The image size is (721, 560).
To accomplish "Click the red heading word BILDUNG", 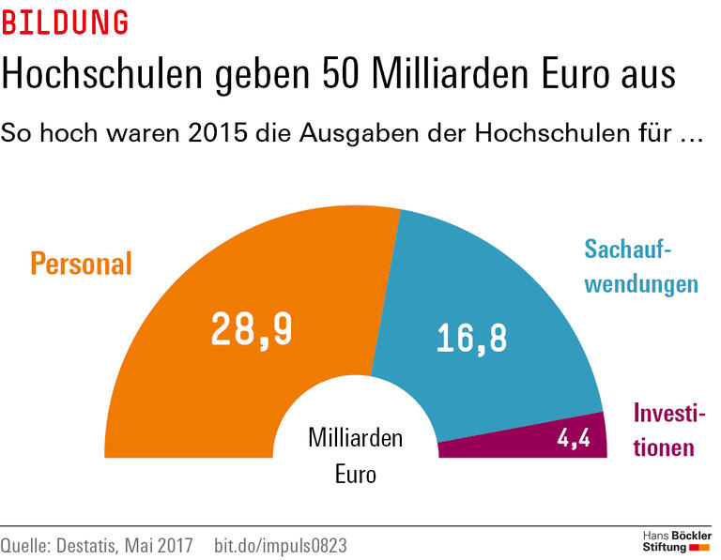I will coord(65,23).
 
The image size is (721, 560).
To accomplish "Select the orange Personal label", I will coord(81,264).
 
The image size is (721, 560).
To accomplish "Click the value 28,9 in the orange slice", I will coord(252,328).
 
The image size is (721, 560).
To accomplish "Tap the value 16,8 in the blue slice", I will coord(471,339).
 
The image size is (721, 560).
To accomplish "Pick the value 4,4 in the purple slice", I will coord(573,438).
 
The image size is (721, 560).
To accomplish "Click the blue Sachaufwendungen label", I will coord(641,266).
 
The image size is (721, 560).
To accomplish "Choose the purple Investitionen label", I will coord(668,430).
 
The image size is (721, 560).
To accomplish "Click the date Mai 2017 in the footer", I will coord(167,545).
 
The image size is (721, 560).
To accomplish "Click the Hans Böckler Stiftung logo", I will coord(675,540).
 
